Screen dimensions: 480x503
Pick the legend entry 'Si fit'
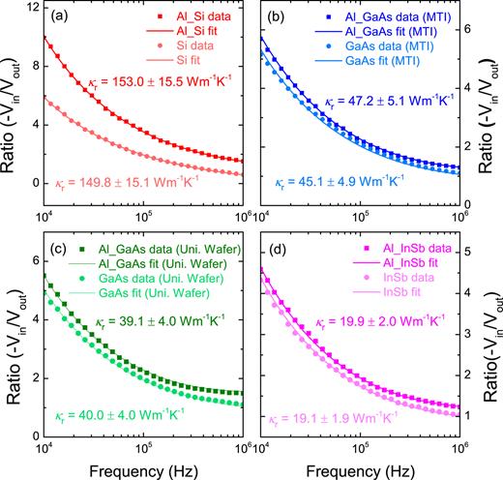170,60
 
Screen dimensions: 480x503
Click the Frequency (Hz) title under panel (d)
360,467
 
